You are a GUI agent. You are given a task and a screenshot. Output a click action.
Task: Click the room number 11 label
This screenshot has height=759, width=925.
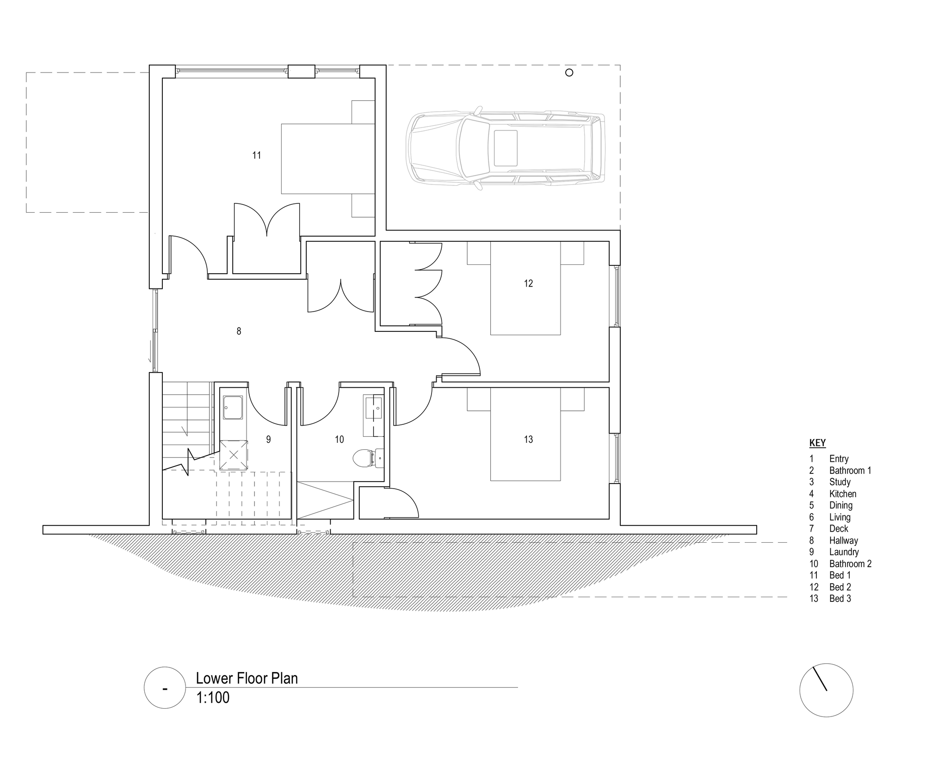257,155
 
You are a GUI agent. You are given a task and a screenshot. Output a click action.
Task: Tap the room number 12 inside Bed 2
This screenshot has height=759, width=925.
529,283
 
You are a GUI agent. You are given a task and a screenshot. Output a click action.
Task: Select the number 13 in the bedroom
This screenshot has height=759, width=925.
529,439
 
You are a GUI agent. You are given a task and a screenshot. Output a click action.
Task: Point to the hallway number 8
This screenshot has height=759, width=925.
239,331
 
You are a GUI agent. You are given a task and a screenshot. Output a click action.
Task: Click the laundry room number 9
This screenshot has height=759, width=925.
268,439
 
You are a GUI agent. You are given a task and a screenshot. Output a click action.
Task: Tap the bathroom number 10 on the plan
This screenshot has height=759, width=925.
339,439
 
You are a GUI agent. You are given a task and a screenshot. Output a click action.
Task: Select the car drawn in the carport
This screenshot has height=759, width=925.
506,148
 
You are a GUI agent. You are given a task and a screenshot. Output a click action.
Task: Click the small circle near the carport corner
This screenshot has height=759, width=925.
569,73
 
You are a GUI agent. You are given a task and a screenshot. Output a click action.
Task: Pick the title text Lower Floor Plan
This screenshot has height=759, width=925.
247,678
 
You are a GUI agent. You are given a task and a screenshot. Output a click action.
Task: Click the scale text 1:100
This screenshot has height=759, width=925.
213,698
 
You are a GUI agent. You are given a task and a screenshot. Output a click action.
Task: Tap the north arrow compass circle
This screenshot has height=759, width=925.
826,691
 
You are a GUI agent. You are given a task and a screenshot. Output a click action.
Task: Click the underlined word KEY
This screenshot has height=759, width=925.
817,443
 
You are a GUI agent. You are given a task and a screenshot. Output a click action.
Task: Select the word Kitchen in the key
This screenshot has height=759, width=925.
843,494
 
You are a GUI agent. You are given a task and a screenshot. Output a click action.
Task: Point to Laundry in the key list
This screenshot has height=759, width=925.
844,552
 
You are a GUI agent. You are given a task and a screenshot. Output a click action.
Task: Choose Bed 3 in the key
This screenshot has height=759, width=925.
840,599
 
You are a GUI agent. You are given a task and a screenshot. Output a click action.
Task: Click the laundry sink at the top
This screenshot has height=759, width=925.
233,407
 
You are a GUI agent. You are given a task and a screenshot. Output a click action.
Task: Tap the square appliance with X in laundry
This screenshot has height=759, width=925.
234,455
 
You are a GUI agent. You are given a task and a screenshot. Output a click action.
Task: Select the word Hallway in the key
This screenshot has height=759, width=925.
844,540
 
